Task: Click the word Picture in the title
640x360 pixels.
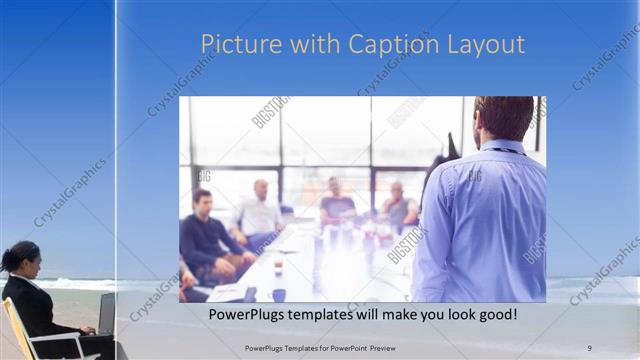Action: click(x=233, y=45)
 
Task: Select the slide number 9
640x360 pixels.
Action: click(x=589, y=348)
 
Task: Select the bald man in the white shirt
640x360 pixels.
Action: click(x=259, y=212)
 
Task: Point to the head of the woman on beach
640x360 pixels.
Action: click(x=26, y=260)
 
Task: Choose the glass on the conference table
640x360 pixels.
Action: click(x=278, y=265)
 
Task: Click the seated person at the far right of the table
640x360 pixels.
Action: click(x=400, y=207)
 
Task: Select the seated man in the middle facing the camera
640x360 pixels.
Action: click(x=336, y=204)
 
